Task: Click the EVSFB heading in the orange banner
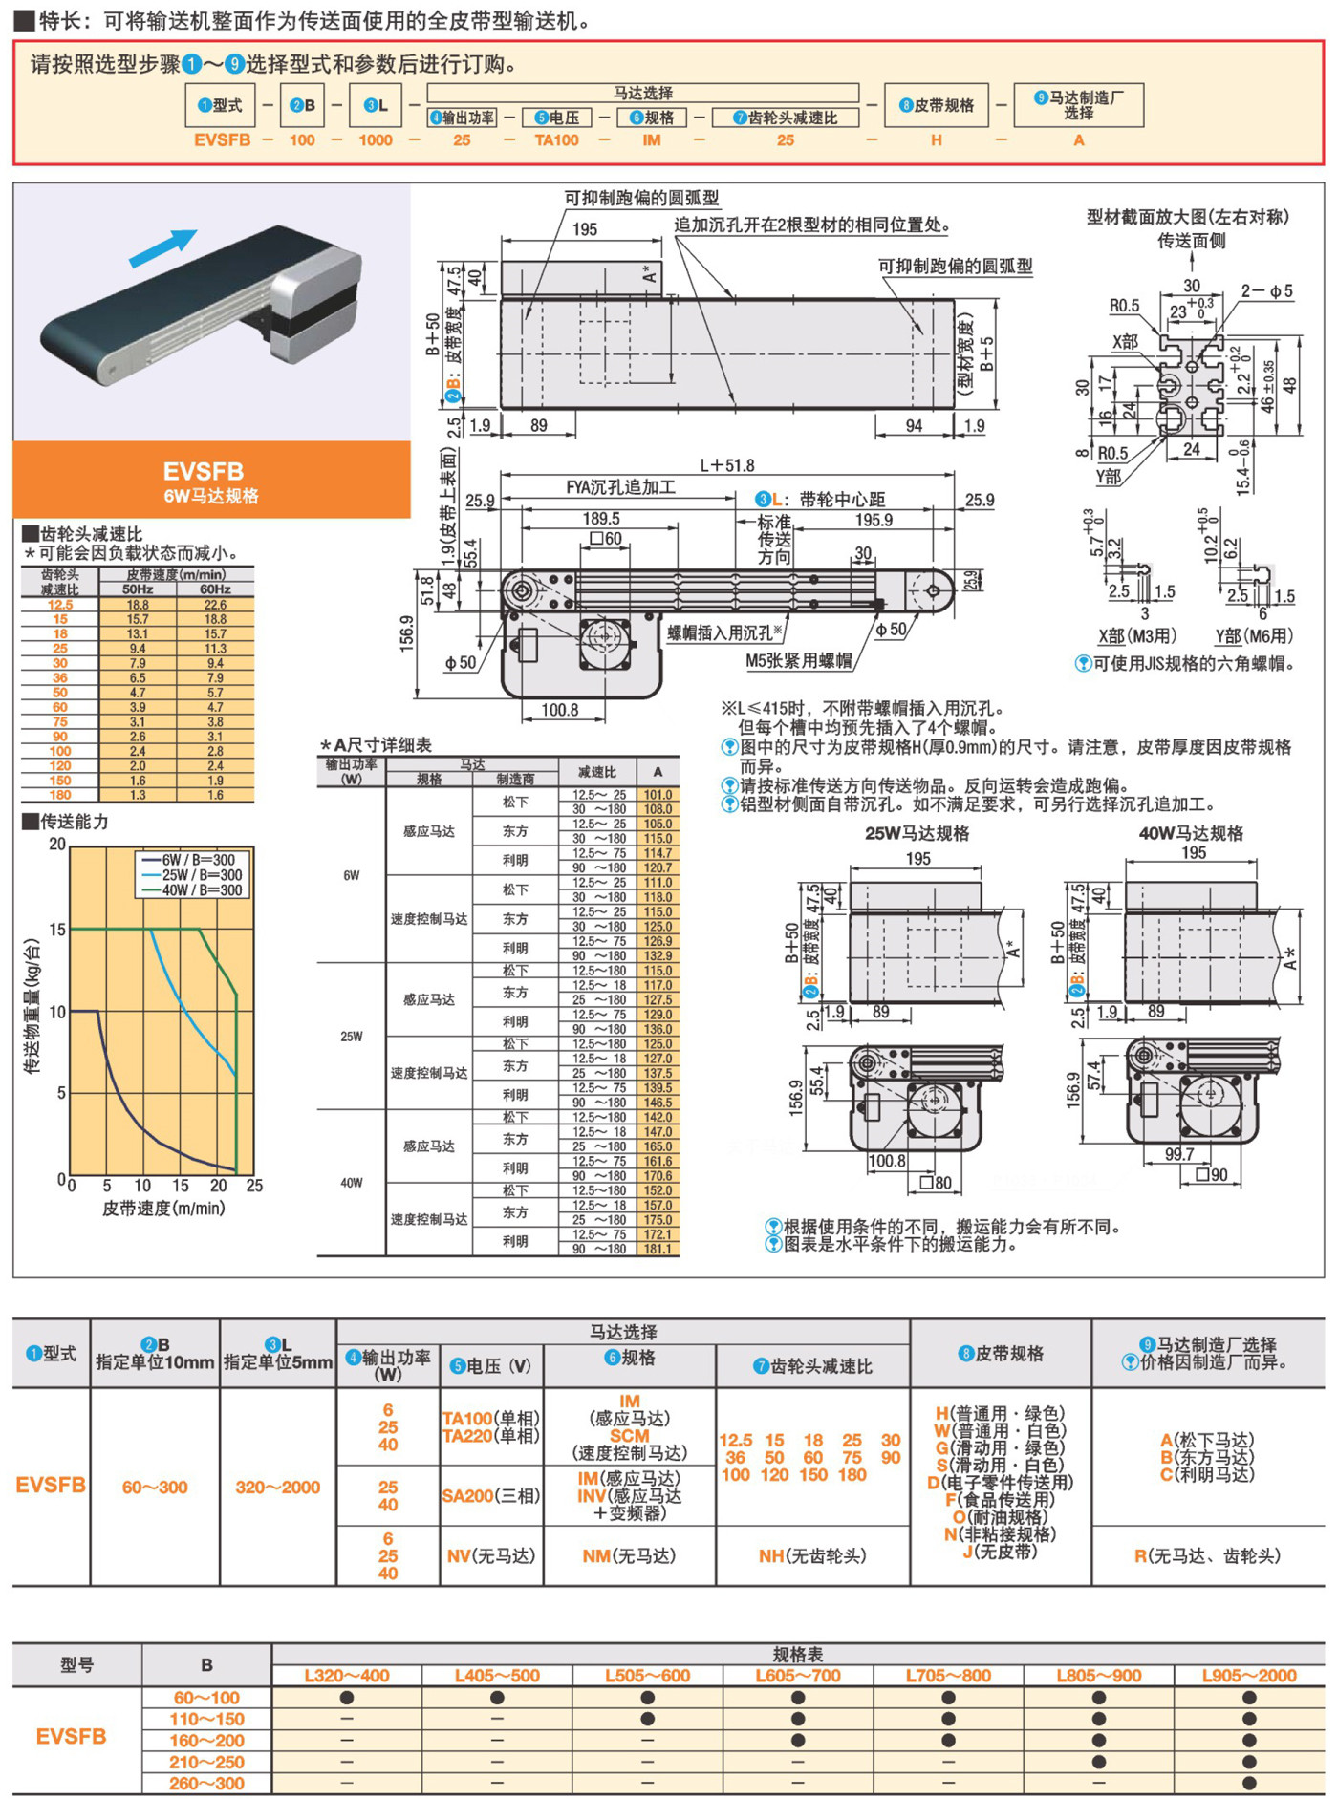[x=203, y=471]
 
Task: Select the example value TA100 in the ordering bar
[x=556, y=140]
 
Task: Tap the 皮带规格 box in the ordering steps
[x=937, y=105]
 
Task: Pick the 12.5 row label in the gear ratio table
[x=60, y=605]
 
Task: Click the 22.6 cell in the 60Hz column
[x=215, y=605]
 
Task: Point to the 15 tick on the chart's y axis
[x=57, y=930]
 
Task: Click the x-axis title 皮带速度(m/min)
[x=163, y=1209]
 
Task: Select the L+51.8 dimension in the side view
[x=726, y=465]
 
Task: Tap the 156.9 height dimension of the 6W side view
[x=407, y=633]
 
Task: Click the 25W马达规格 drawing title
[x=917, y=833]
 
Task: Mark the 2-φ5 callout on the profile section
[x=1266, y=291]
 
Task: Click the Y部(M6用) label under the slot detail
[x=1254, y=636]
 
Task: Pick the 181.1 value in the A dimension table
[x=658, y=1249]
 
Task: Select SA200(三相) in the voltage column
[x=490, y=1496]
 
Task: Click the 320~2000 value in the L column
[x=277, y=1488]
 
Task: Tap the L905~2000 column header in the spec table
[x=1248, y=1676]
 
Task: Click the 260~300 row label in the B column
[x=207, y=1784]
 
